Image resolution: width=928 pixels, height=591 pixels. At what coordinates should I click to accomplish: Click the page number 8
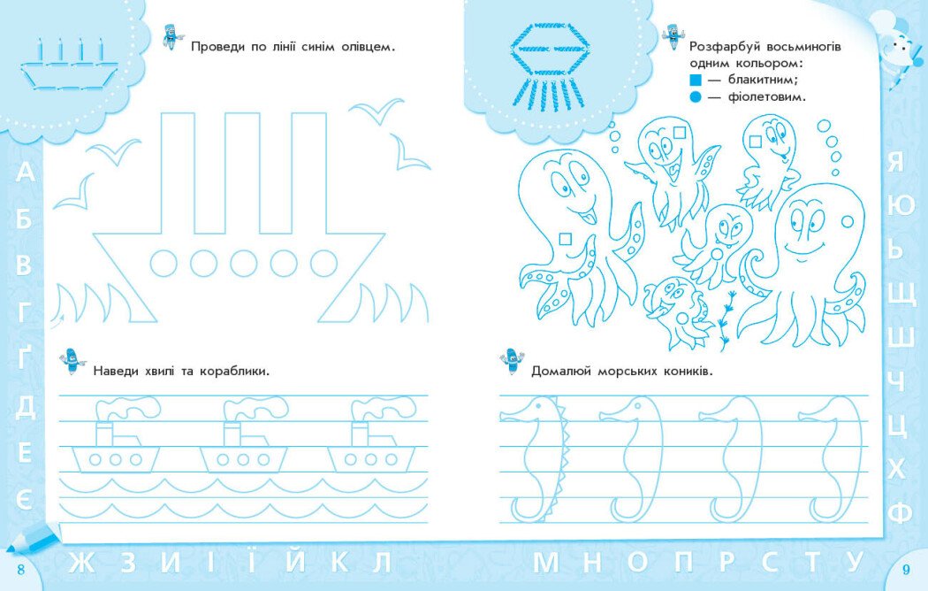[21, 570]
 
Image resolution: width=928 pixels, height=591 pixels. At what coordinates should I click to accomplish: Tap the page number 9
[906, 570]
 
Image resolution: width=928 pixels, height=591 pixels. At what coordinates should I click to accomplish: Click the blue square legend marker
[695, 80]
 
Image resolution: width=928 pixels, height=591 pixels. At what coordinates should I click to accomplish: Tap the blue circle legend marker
[695, 96]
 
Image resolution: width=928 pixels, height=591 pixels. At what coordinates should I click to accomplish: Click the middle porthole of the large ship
[243, 263]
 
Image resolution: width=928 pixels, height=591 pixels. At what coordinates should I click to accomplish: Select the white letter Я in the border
[894, 161]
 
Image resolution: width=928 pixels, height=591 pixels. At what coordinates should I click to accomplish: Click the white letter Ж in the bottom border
[81, 563]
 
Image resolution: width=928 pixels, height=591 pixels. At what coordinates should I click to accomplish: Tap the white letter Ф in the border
[900, 511]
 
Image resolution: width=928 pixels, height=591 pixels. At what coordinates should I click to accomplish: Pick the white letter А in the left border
[24, 173]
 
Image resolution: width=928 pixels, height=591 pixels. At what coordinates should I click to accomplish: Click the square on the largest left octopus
[566, 239]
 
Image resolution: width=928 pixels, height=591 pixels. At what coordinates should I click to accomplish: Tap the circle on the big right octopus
[848, 221]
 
